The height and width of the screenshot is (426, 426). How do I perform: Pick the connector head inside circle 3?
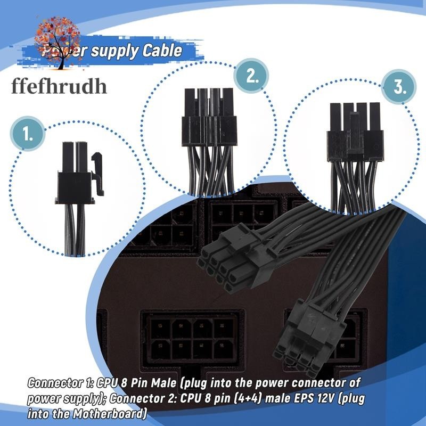tap(355, 133)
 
